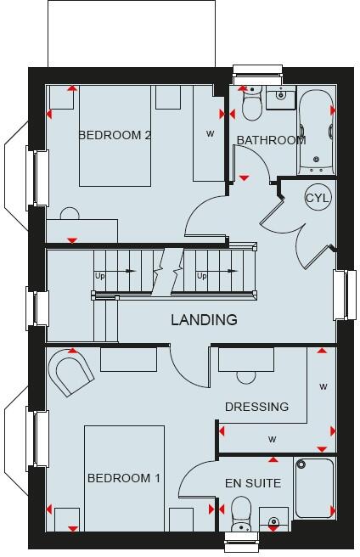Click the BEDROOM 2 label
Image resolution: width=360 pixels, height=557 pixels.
[x=115, y=135]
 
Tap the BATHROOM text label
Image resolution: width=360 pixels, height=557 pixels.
[x=271, y=140]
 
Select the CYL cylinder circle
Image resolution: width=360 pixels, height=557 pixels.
[x=318, y=198]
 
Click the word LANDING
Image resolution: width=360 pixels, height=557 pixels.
[x=204, y=320]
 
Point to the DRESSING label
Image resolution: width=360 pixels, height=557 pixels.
[x=256, y=407]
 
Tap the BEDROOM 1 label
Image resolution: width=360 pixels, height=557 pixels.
[x=123, y=479]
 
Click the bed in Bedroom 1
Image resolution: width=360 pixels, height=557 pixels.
[x=123, y=480]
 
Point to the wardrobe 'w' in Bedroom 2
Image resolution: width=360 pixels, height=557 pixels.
[x=209, y=133]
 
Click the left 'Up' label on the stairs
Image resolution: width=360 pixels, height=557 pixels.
[x=100, y=275]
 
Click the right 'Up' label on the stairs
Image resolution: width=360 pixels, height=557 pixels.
[x=201, y=275]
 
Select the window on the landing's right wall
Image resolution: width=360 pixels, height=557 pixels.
[x=346, y=294]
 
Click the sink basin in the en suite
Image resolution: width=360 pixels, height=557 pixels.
[x=273, y=520]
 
